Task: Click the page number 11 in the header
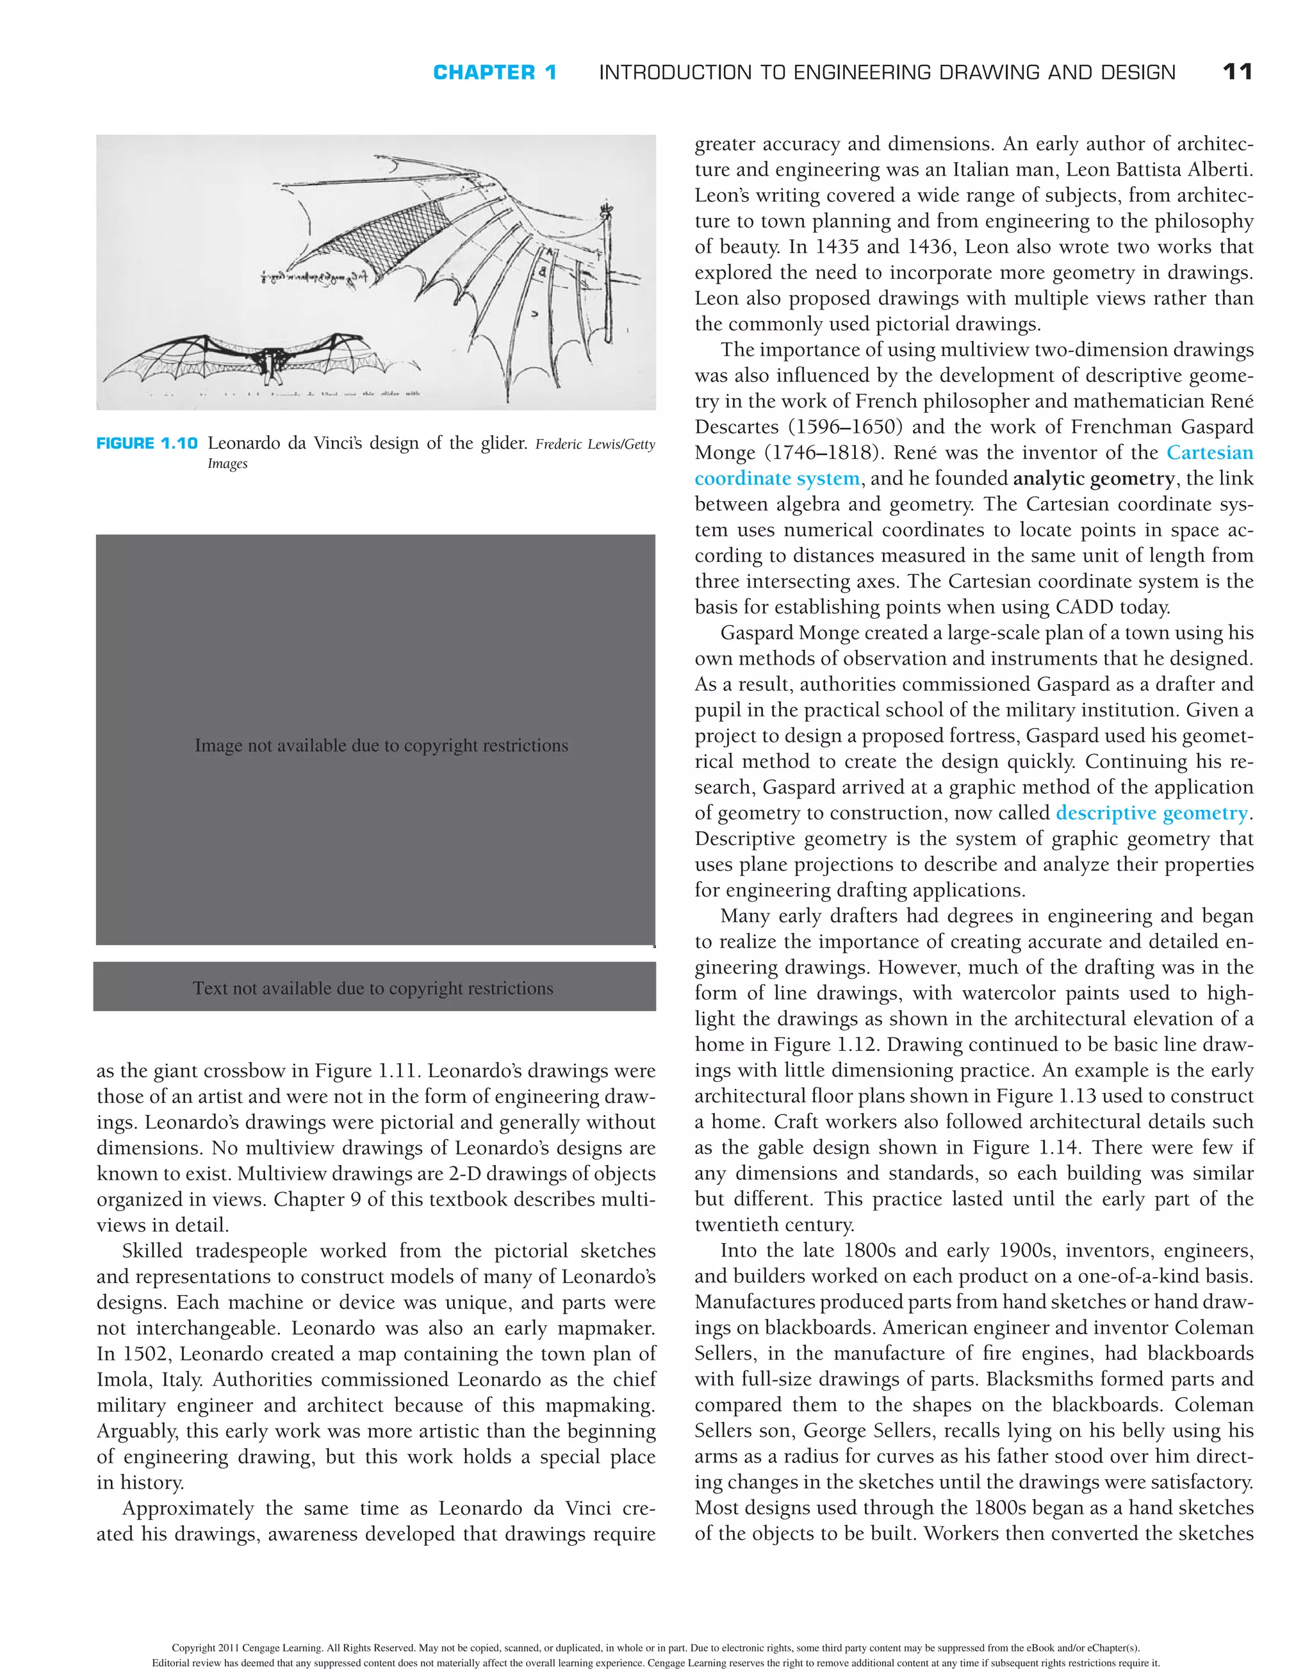click(x=1236, y=72)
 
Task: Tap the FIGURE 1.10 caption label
click(x=147, y=443)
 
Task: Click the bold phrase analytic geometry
click(x=1094, y=479)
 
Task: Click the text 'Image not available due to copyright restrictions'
click(x=381, y=746)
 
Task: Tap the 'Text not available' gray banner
click(x=373, y=988)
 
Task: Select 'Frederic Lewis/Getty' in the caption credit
click(x=595, y=444)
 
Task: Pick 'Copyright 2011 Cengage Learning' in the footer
click(x=247, y=1648)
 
